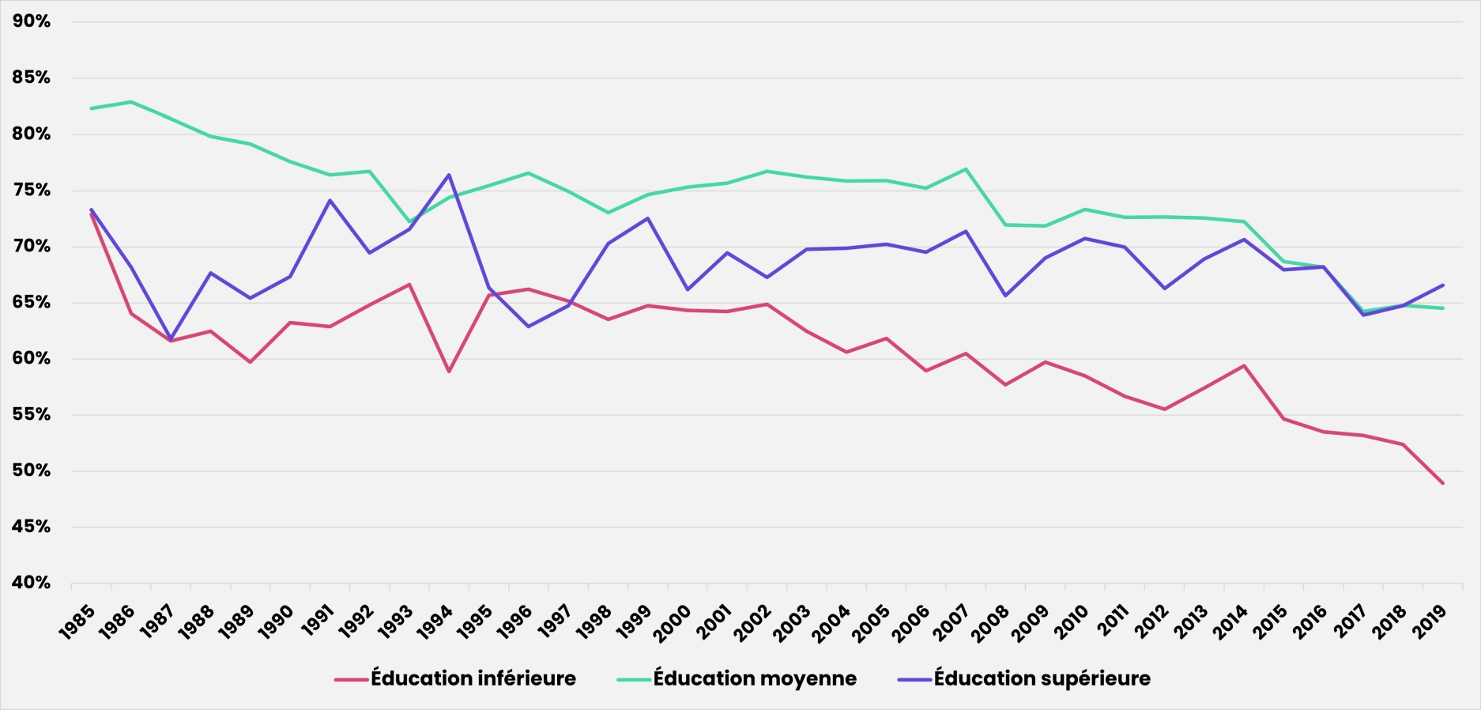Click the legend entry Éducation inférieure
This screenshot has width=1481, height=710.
(473, 678)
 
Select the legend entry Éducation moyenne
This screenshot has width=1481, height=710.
(754, 678)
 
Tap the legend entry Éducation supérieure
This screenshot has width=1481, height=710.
(1042, 678)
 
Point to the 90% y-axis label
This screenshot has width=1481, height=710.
(32, 21)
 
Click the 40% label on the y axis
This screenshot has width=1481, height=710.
(32, 583)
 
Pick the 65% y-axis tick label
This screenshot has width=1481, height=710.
(32, 302)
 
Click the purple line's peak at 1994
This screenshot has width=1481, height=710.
(449, 175)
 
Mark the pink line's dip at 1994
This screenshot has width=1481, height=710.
(449, 372)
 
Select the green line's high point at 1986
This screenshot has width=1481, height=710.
(130, 102)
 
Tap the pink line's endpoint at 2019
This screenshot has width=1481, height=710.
(1443, 483)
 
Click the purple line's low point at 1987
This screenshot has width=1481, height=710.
(171, 338)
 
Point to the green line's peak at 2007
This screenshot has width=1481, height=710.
(966, 168)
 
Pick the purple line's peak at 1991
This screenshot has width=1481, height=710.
(330, 200)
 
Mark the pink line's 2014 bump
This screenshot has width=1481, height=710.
(1244, 365)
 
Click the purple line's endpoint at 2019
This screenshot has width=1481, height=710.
(1443, 285)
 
